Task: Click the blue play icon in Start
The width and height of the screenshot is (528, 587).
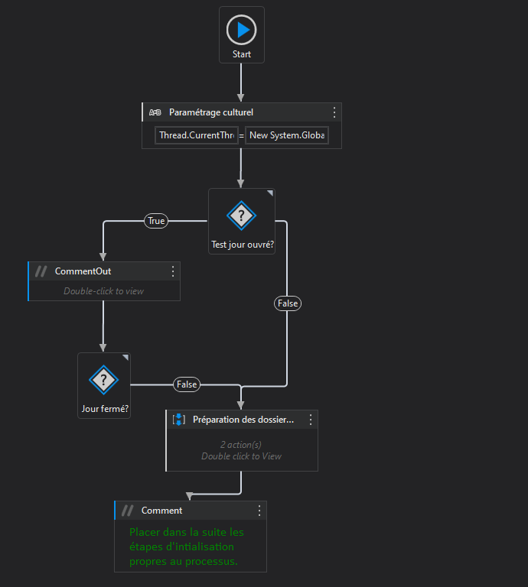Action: click(x=242, y=30)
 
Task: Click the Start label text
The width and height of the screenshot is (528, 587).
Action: click(x=242, y=55)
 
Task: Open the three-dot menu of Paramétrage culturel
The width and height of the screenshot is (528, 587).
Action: click(x=334, y=112)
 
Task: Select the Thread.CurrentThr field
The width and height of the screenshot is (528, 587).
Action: click(x=197, y=135)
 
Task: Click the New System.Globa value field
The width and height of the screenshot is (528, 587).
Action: click(x=287, y=135)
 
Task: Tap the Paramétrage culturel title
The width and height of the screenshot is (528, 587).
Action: click(x=211, y=112)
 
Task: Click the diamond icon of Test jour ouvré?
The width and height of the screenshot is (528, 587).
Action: click(x=242, y=216)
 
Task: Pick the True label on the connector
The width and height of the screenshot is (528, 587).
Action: click(x=156, y=221)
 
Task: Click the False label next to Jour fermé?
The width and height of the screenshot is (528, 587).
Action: click(x=187, y=384)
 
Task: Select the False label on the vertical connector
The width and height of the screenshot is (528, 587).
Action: click(x=288, y=303)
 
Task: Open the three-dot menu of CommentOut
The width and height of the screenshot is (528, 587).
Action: click(x=173, y=271)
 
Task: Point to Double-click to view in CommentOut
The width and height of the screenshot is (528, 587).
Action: click(x=103, y=291)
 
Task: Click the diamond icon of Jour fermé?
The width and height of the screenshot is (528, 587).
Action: click(x=103, y=379)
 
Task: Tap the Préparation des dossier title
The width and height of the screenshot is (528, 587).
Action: click(x=243, y=420)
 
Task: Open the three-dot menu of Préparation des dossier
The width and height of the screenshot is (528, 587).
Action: click(x=311, y=420)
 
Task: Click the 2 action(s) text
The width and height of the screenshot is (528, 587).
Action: click(x=241, y=445)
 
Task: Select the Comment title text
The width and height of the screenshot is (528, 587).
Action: click(x=161, y=511)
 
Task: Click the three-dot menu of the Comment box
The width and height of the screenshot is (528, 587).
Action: click(x=259, y=511)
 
